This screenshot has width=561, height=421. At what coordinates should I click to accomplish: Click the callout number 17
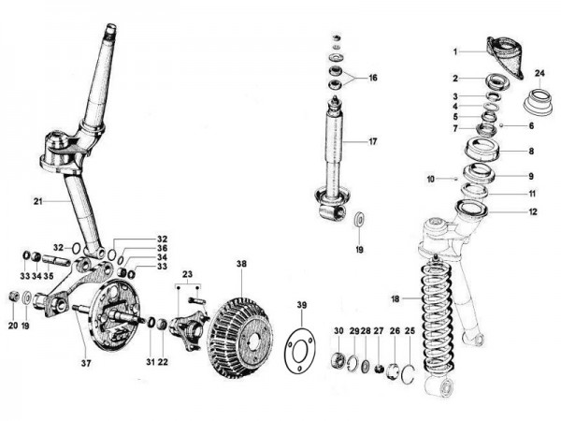(x=372, y=142)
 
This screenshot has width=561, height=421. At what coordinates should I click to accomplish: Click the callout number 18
(x=396, y=298)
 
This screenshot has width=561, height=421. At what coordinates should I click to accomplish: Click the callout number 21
(x=38, y=201)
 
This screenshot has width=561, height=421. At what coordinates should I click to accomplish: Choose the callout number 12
(x=533, y=211)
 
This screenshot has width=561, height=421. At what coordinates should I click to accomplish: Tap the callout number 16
(x=372, y=78)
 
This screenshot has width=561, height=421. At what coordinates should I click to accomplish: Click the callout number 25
(x=409, y=332)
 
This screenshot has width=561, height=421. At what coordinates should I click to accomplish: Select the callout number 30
(x=338, y=332)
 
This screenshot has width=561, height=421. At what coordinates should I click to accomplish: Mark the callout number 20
(x=13, y=326)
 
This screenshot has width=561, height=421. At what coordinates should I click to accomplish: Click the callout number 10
(x=431, y=178)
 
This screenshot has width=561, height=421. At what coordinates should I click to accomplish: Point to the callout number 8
(x=532, y=151)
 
